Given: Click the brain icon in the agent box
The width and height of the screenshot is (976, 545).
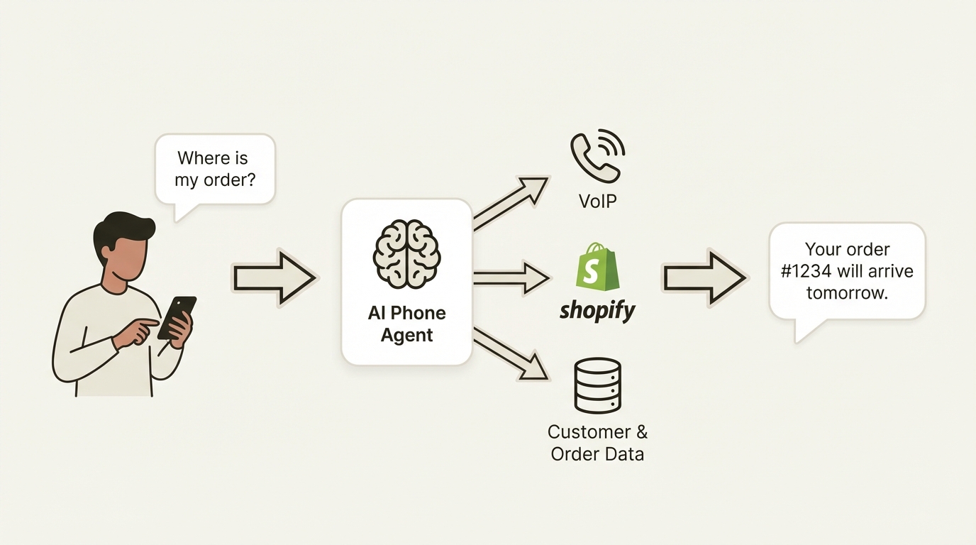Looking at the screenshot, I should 406,253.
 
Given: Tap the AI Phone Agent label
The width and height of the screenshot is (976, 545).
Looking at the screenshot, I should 406,324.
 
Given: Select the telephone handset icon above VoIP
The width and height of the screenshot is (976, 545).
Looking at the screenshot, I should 597,155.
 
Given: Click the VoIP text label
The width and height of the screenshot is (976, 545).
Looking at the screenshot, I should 597,201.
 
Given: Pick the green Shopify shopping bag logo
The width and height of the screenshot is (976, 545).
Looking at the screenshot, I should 597,267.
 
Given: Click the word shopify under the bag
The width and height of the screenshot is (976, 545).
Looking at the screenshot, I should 597,310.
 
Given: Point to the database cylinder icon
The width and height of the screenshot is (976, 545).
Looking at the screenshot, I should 597,385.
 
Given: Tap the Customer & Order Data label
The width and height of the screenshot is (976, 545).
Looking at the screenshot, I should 597,443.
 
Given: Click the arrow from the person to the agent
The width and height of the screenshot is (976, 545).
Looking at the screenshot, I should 274,278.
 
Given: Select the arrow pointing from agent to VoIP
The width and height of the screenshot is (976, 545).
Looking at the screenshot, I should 511,203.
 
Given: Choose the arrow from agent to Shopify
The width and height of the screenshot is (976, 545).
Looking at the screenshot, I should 511,277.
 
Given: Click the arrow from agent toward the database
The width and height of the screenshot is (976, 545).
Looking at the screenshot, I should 511,353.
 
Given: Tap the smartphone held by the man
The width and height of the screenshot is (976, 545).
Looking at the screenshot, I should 177,316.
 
